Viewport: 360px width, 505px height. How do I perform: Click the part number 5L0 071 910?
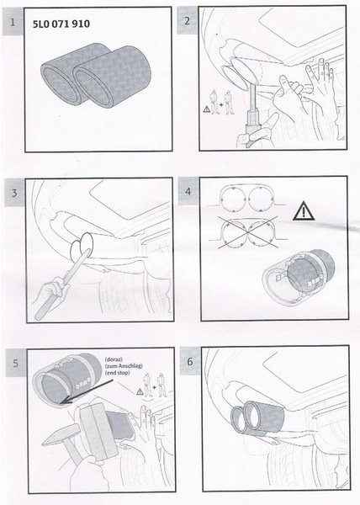tap(61, 24)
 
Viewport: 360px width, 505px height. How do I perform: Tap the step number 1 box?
tap(13, 22)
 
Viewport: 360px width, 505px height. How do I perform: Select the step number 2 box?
tap(188, 20)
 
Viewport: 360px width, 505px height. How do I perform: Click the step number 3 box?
tap(14, 193)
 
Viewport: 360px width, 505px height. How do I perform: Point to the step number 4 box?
tap(188, 191)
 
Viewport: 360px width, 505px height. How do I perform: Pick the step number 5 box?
tap(16, 363)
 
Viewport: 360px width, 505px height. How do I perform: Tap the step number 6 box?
tap(190, 361)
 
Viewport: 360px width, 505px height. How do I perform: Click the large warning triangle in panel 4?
tap(304, 211)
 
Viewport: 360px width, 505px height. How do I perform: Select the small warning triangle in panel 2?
tap(206, 109)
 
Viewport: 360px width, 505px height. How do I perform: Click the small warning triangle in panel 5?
tap(140, 391)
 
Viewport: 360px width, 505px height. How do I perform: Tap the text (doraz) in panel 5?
tap(114, 359)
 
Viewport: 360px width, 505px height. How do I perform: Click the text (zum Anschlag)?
tap(124, 366)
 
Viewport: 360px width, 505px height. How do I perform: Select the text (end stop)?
tap(118, 373)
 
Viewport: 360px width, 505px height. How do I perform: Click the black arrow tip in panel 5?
tap(61, 402)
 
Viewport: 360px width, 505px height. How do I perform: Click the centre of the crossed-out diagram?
tap(247, 233)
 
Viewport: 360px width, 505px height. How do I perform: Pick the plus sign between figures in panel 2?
tap(221, 104)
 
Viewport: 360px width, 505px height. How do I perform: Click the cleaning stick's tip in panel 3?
tap(87, 251)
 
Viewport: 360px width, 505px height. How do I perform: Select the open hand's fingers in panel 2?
tap(320, 74)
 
